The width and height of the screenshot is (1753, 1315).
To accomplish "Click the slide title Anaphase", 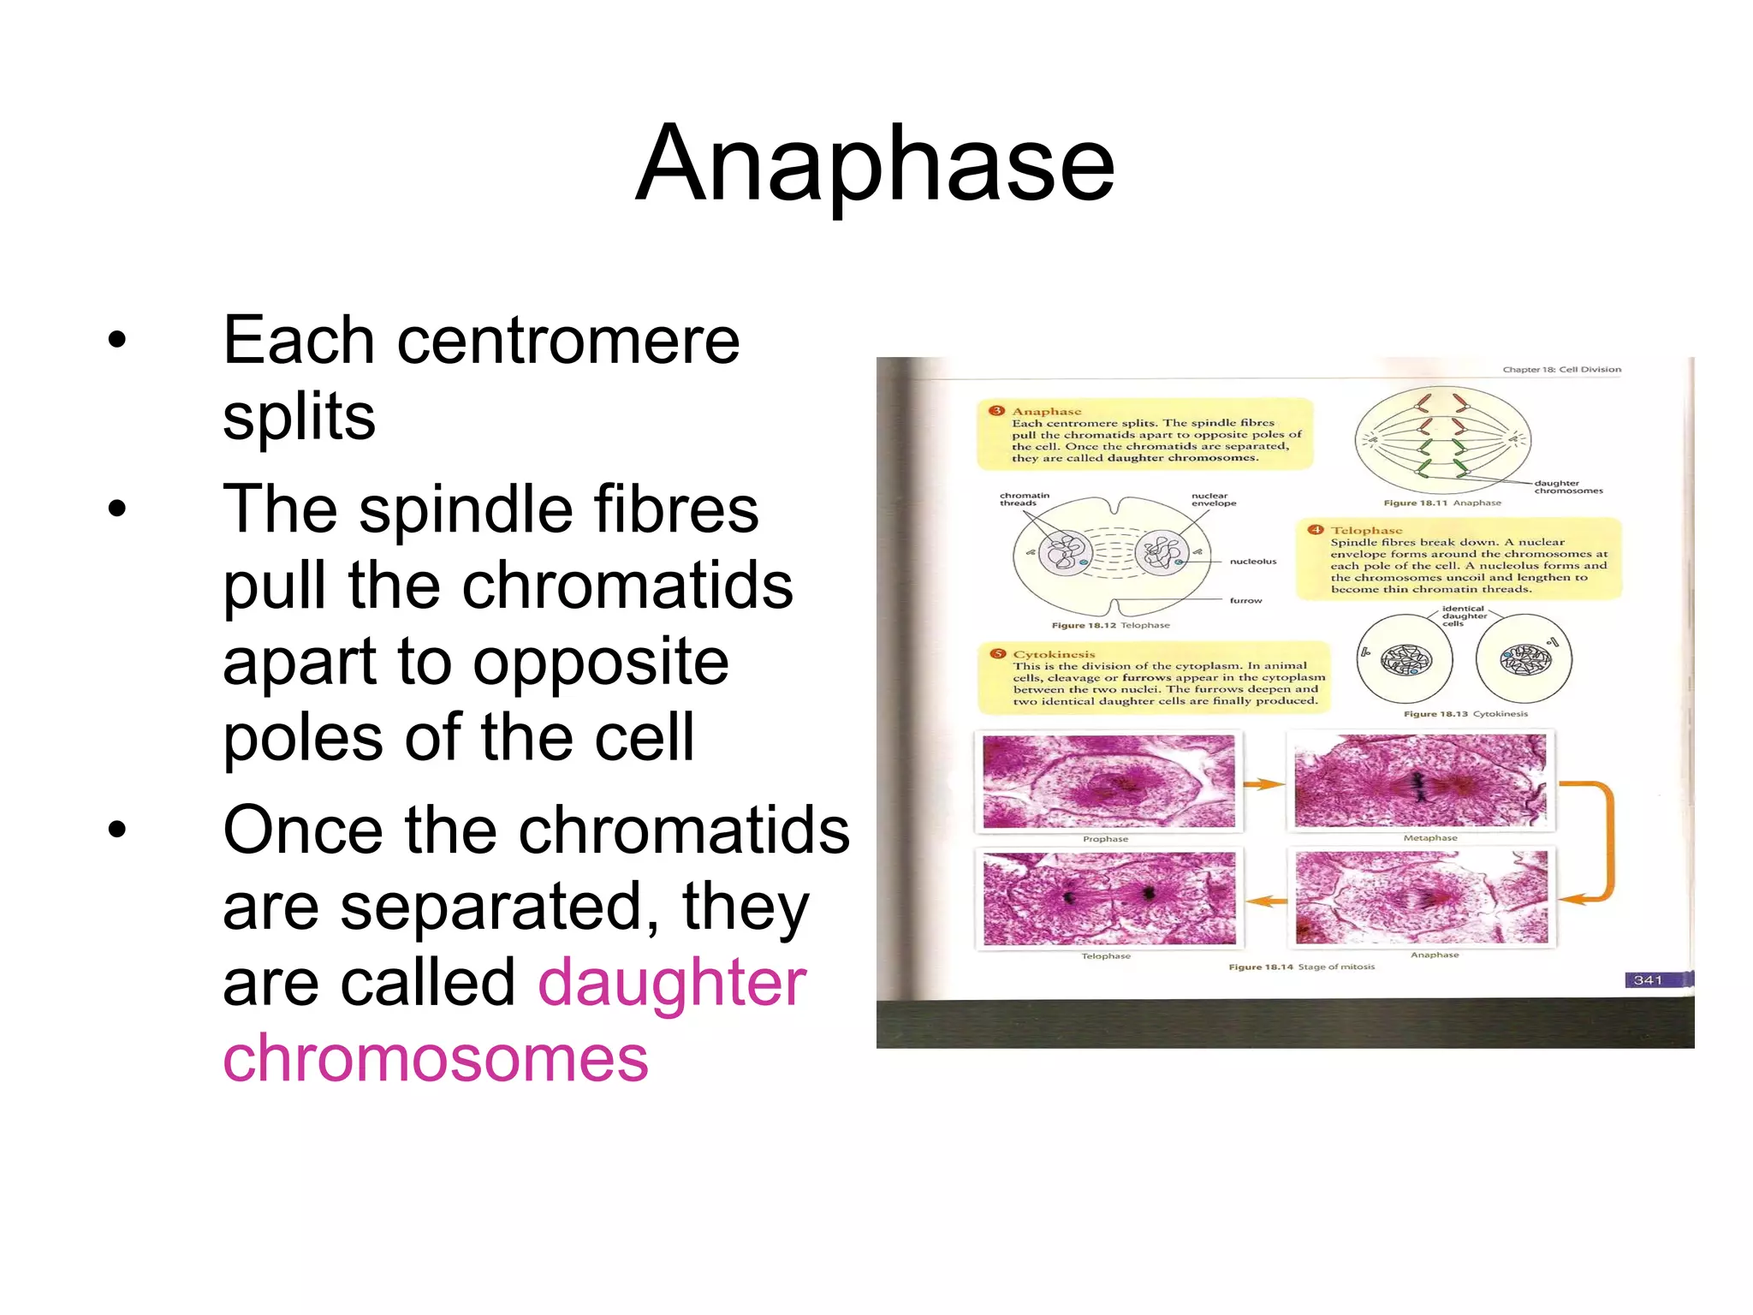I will (x=875, y=164).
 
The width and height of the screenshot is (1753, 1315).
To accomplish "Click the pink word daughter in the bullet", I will (x=672, y=983).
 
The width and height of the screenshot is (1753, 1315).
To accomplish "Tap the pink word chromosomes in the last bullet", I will (x=436, y=1058).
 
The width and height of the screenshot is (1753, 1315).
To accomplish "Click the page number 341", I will (x=1647, y=979).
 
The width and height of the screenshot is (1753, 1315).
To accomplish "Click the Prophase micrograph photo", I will (x=1109, y=781).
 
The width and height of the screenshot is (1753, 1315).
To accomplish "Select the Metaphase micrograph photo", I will (x=1420, y=780).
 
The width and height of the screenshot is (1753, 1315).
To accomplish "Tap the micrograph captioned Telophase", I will (x=1109, y=897).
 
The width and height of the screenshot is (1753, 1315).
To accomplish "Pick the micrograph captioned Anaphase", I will (x=1421, y=896).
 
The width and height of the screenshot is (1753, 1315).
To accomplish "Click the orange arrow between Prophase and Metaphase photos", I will (x=1264, y=783).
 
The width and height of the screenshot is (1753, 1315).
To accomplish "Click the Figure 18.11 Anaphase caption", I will (x=1442, y=503).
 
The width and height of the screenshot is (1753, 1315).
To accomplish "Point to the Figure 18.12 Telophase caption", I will (x=1110, y=625).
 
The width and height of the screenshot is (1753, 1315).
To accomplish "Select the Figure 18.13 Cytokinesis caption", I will (x=1465, y=713).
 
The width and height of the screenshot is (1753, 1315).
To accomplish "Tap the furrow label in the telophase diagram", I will (x=1245, y=600).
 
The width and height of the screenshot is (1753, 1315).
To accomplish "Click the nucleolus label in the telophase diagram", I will (x=1252, y=562).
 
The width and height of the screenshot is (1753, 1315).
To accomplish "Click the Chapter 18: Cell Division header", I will (x=1561, y=370).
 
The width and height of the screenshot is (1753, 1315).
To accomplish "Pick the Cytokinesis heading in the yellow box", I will (x=1054, y=654).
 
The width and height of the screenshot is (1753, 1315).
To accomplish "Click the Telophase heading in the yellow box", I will (x=1366, y=530).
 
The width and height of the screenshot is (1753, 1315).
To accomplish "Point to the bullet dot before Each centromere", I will (x=117, y=340).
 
